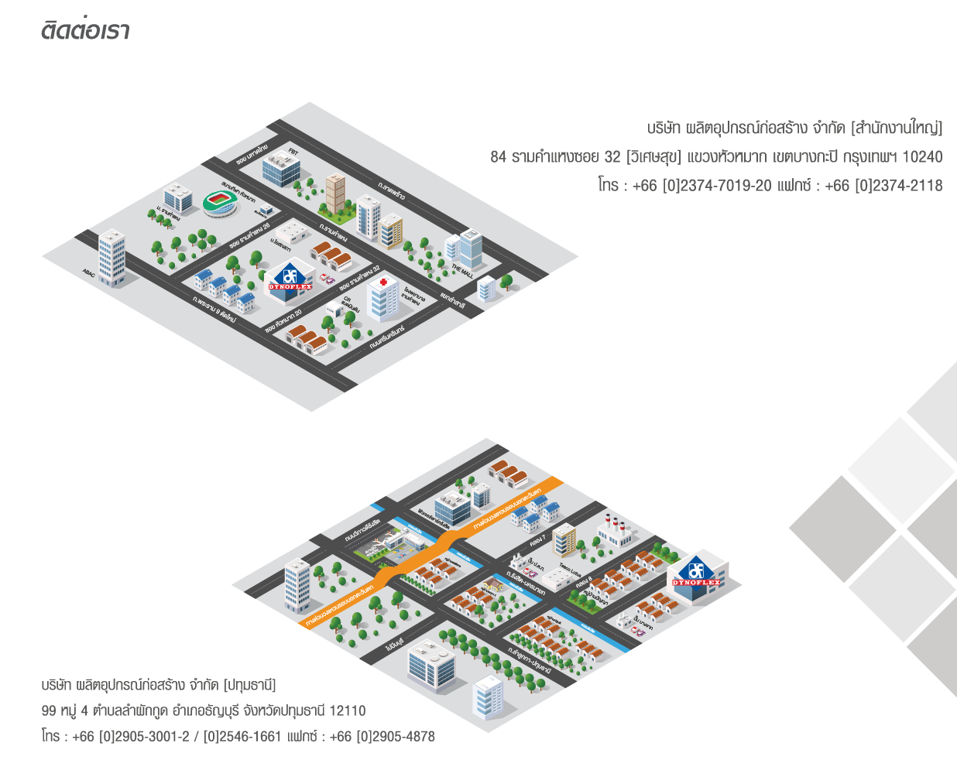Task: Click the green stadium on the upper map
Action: click(223, 203)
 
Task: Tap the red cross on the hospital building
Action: click(382, 282)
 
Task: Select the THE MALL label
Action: click(462, 271)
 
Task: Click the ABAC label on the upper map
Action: click(89, 272)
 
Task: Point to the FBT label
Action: click(293, 152)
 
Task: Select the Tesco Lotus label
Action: click(570, 570)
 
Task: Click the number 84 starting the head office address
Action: click(498, 157)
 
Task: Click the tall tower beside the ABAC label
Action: click(111, 258)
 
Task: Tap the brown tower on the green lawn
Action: click(334, 193)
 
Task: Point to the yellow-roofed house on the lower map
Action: click(489, 585)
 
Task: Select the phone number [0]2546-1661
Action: click(242, 737)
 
